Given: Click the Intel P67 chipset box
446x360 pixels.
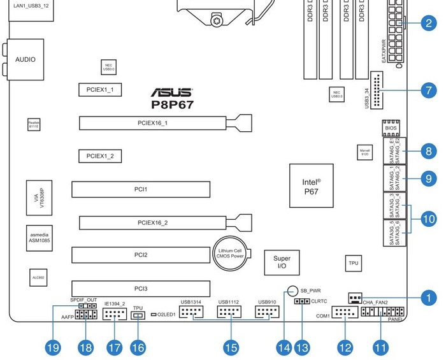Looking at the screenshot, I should pos(311,185).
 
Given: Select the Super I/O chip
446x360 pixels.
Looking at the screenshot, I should pos(282,263).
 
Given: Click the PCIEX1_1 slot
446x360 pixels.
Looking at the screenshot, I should pos(99,89).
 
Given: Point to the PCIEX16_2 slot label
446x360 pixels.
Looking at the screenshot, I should pos(152,223).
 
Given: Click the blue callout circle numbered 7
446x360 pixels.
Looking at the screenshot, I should pos(428,90).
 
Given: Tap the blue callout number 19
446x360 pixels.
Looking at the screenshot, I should pos(53,347).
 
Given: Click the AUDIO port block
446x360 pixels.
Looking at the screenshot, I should pos(25,59).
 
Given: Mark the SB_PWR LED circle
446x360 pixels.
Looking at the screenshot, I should pos(292,290).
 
